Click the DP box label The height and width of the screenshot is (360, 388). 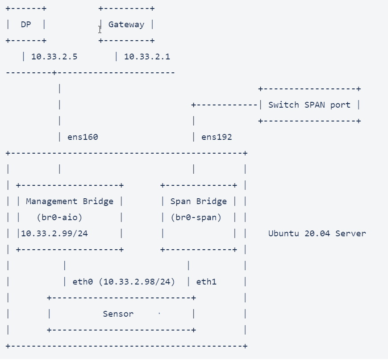click(26, 25)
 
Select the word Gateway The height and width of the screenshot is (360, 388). click(126, 25)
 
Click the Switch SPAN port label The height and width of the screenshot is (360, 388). click(309, 105)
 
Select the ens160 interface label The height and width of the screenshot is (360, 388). click(83, 137)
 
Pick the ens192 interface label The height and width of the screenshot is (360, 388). click(217, 137)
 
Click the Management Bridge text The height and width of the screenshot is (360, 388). click(70, 201)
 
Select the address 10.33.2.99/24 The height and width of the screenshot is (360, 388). click(54, 234)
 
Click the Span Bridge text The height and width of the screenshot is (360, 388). click(198, 201)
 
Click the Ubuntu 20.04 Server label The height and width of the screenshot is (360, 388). click(317, 234)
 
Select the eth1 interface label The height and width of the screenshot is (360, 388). click(206, 282)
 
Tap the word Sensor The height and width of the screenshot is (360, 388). click(118, 314)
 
